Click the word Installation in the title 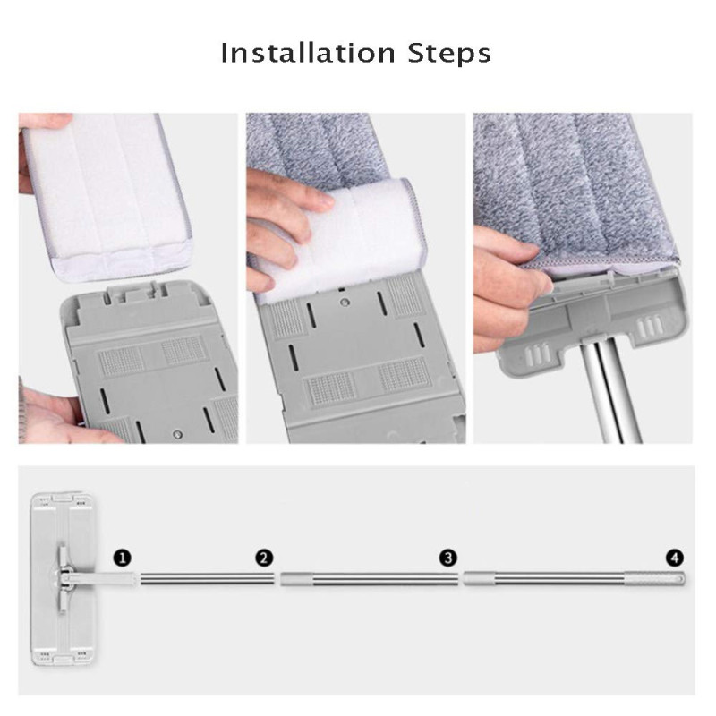[308, 53]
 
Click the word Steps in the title [449, 54]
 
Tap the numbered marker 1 [122, 558]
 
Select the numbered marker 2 [264, 558]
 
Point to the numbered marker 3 [448, 558]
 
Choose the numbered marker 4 [675, 558]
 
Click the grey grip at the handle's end [655, 578]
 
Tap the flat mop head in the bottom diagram [63, 579]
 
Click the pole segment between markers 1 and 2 [207, 579]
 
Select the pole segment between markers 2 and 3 [369, 579]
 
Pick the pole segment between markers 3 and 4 [544, 579]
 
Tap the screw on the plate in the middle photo [345, 302]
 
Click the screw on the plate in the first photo [178, 434]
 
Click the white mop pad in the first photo [107, 196]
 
